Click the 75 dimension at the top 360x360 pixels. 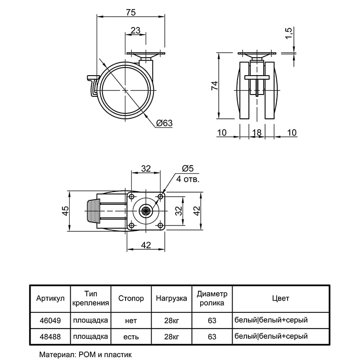point(131,13)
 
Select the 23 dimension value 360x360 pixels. point(135,30)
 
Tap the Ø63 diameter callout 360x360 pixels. point(164,123)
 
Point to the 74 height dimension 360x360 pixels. point(215,85)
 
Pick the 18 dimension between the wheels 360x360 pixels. point(257,133)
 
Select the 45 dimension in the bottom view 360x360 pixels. point(66,211)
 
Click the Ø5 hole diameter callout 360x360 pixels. point(188,169)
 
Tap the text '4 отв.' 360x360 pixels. point(188,179)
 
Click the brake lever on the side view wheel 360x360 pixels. point(93,85)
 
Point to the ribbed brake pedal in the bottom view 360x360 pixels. point(93,211)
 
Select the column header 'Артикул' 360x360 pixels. point(50,298)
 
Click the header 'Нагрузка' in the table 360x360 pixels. point(171,298)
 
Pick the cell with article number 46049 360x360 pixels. point(50,320)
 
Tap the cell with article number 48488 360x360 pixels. point(50,337)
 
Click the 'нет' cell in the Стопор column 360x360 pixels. point(131,320)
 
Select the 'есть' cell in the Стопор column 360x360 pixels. point(131,337)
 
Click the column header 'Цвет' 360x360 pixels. point(280,298)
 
